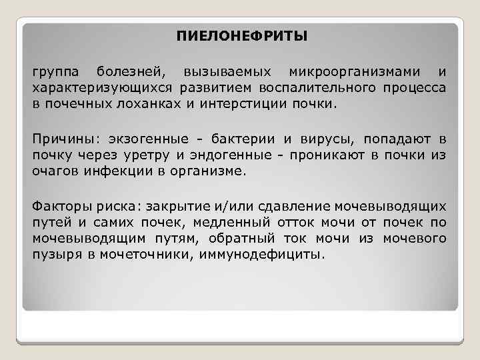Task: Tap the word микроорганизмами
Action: pos(353,71)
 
